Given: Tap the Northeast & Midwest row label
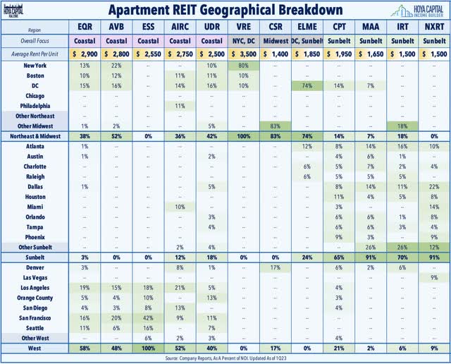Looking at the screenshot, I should [44, 135].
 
